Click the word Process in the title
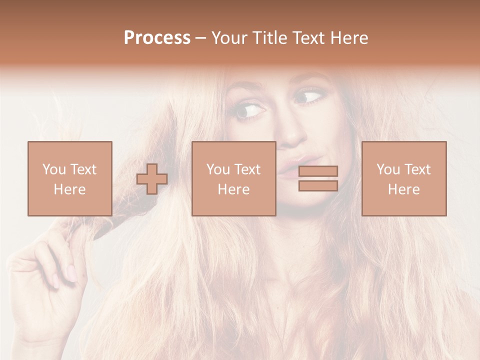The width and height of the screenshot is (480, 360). point(157,38)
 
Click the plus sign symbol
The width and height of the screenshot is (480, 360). point(152,178)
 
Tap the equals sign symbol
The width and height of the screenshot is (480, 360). point(318,178)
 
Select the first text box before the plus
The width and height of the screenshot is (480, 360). point(70,178)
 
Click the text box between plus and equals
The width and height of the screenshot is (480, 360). point(234,178)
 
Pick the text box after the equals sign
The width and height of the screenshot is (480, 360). point(404,178)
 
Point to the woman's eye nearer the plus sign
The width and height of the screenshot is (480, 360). point(248,110)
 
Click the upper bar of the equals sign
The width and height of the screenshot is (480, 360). point(318,171)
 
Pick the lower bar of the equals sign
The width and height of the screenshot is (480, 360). point(318,185)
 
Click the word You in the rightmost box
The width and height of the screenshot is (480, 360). point(388,169)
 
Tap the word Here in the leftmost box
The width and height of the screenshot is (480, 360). point(70,189)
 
